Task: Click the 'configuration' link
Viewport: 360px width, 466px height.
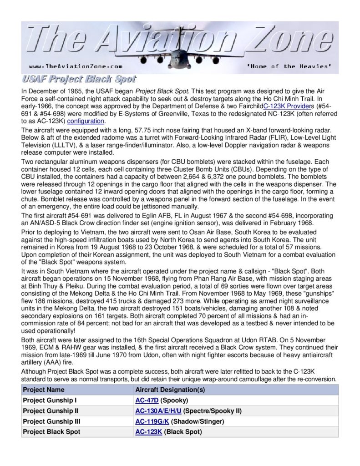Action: pos(86,121)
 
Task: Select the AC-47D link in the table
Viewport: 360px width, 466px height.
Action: pos(147,400)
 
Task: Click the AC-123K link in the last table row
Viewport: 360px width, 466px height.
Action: pos(148,431)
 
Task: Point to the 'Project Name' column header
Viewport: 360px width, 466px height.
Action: pos(44,390)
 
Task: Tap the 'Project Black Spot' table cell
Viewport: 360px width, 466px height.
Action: pos(51,431)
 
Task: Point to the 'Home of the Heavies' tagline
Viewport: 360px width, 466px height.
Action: pos(288,66)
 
